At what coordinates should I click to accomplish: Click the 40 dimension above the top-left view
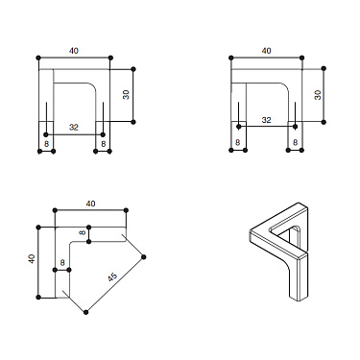click(74, 51)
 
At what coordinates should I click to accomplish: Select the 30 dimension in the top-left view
click(125, 95)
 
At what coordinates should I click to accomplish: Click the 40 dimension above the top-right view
click(266, 51)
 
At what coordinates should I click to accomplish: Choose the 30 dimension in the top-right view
click(317, 95)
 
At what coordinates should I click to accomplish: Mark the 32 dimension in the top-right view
click(266, 121)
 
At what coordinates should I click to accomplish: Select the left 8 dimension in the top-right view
click(236, 142)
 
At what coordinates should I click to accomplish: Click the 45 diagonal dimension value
click(112, 277)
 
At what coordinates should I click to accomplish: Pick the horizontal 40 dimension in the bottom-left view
click(90, 203)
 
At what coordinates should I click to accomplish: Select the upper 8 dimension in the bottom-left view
click(83, 231)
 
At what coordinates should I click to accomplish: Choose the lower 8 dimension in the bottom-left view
click(61, 261)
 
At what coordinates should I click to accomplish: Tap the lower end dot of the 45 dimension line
click(86, 312)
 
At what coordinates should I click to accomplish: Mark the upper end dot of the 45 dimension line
click(145, 256)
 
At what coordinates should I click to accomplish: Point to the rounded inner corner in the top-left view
click(94, 87)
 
